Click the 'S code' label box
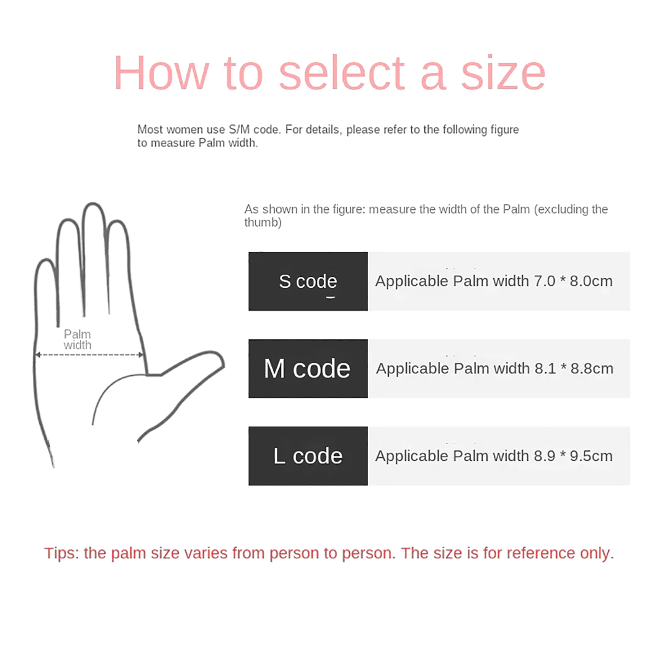[308, 281]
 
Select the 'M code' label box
[308, 368]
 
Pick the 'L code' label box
[308, 456]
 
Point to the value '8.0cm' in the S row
[591, 281]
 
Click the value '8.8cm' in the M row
[592, 369]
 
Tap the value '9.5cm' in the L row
[591, 456]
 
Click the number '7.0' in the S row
[544, 281]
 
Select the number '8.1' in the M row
[545, 369]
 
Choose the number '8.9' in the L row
[544, 456]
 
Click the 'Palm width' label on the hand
[77, 340]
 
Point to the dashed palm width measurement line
[90, 355]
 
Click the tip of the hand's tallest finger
[93, 204]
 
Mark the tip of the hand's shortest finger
[45, 260]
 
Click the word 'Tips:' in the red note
[61, 553]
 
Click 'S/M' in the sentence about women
[239, 130]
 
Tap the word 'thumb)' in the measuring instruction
[263, 223]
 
